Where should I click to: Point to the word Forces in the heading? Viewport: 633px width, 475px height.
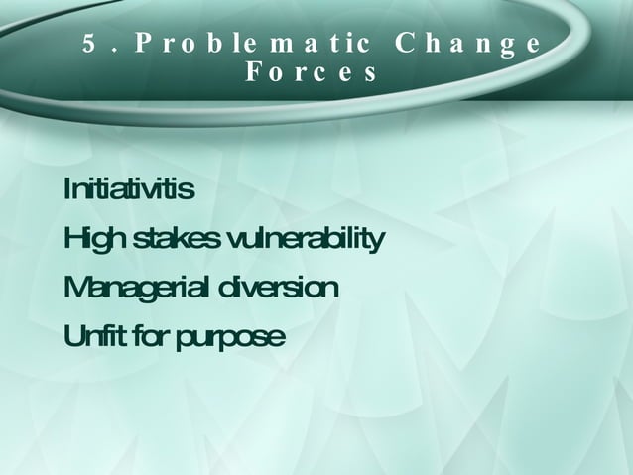click(x=311, y=73)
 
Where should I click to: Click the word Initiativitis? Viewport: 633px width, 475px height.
click(x=128, y=188)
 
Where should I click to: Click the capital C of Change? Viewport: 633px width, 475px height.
click(x=405, y=45)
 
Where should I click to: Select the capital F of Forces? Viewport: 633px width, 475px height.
click(x=253, y=73)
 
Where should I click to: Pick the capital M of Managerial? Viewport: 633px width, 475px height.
click(x=75, y=289)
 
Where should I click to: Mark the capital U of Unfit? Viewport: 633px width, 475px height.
click(x=72, y=337)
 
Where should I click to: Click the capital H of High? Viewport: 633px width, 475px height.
click(x=73, y=239)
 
